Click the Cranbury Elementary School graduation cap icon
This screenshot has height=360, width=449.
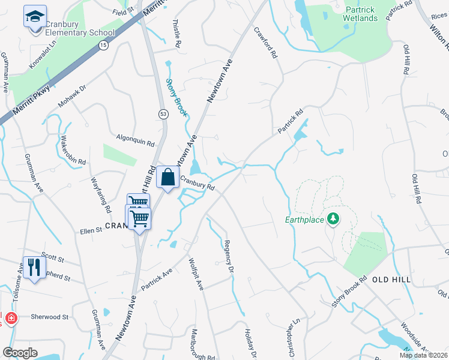coord(35,16)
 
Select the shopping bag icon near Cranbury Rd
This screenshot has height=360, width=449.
coord(168,177)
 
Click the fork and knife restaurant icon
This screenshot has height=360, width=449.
coord(33,267)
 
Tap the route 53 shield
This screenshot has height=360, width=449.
coord(163,113)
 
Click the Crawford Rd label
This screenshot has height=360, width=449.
coord(266,42)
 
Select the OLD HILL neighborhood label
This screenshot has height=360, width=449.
coord(391,280)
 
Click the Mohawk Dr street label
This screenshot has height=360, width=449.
coord(72,95)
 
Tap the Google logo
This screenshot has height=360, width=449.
coord(20,353)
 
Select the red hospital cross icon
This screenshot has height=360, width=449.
coord(10,317)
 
